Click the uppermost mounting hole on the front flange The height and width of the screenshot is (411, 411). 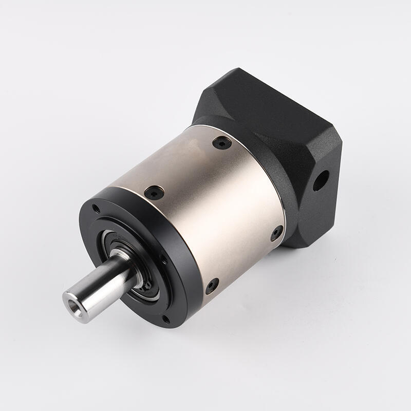96,209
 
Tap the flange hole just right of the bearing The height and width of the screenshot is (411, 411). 163,260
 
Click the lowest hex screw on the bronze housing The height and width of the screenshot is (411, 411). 212,286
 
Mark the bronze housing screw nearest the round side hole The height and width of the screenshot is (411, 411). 276,233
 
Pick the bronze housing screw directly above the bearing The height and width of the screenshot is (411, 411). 154,193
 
